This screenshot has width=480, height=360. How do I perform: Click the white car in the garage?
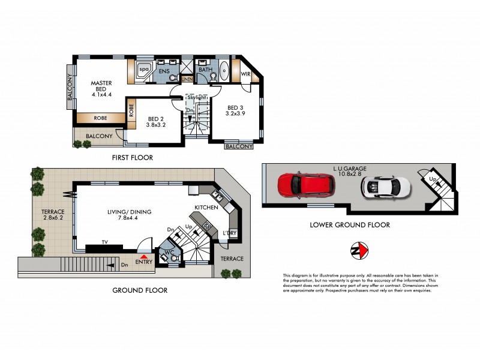[386, 187]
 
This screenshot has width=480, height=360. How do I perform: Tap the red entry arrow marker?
[144, 256]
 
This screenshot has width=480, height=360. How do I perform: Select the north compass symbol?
[358, 250]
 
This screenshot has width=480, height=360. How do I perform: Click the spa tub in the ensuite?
[144, 69]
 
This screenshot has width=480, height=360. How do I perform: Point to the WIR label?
[245, 74]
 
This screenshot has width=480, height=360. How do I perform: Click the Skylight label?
[193, 97]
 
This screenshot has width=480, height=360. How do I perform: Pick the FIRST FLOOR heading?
[132, 158]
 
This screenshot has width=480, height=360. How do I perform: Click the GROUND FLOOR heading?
[140, 290]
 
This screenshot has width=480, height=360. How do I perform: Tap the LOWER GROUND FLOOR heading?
[350, 225]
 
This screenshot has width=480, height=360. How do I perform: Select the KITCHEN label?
[205, 207]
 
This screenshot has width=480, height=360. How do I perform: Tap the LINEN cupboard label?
[187, 79]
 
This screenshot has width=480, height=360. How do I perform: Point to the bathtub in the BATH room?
[224, 70]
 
